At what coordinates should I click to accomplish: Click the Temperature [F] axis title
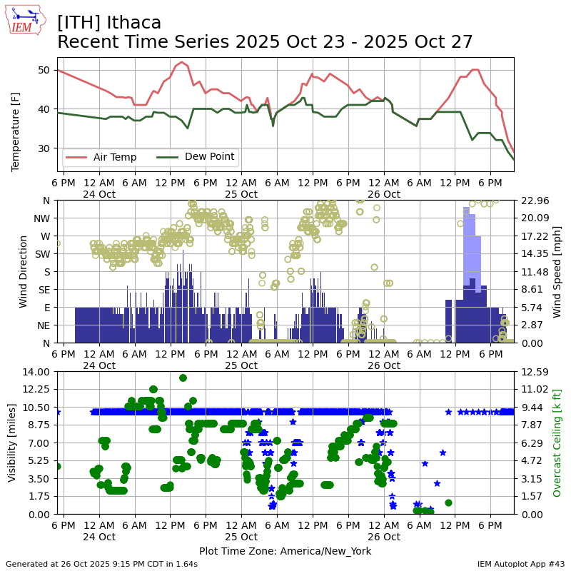[x=16, y=132]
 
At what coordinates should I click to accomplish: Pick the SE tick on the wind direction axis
[x=44, y=290]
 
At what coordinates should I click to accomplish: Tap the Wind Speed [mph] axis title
[x=557, y=271]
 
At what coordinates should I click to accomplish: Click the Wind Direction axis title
[x=24, y=271]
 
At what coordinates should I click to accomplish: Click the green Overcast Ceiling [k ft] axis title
[x=557, y=443]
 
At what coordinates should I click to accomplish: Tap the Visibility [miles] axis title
[x=12, y=443]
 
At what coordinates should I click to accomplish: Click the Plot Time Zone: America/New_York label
[x=285, y=551]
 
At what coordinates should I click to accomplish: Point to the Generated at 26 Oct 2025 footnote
[x=101, y=564]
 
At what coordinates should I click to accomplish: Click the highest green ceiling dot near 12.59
[x=183, y=378]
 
